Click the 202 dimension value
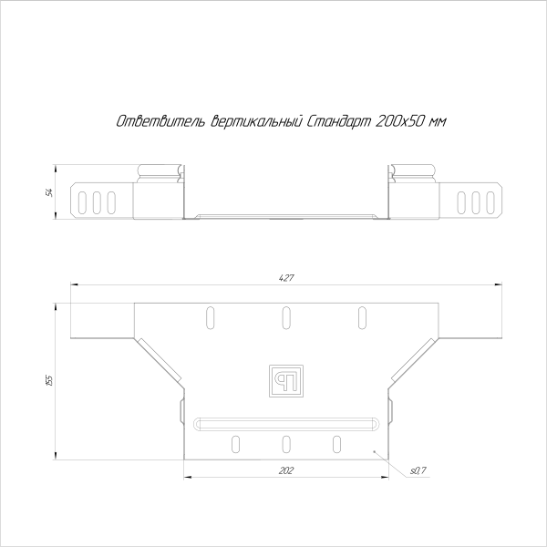pyautogui.click(x=284, y=470)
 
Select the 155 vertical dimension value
pyautogui.click(x=49, y=379)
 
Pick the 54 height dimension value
pyautogui.click(x=49, y=191)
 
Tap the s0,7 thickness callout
pyautogui.click(x=418, y=470)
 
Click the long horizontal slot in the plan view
pyautogui.click(x=285, y=423)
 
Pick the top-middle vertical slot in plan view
pyautogui.click(x=285, y=317)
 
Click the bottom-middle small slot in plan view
pyautogui.click(x=285, y=444)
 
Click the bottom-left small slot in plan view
pyautogui.click(x=236, y=444)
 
